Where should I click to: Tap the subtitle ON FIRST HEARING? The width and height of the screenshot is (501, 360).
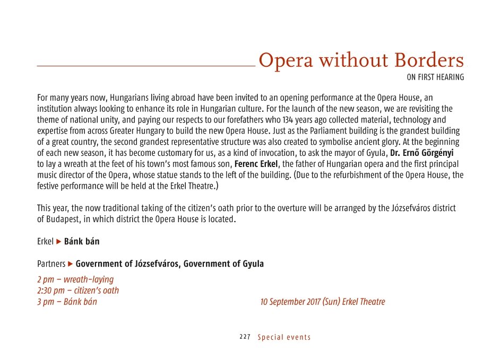click(x=435, y=77)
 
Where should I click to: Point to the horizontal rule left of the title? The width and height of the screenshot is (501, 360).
click(x=146, y=66)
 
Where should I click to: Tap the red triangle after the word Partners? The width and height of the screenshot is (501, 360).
click(x=71, y=264)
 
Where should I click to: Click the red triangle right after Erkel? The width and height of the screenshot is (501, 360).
click(x=59, y=242)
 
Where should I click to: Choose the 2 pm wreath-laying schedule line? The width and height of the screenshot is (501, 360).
click(x=75, y=279)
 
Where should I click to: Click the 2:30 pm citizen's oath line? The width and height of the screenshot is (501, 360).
click(x=78, y=291)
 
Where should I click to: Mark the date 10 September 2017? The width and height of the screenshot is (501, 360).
click(x=290, y=302)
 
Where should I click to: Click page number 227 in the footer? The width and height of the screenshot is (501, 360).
click(x=245, y=337)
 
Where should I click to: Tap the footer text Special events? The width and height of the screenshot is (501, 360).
click(x=284, y=337)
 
